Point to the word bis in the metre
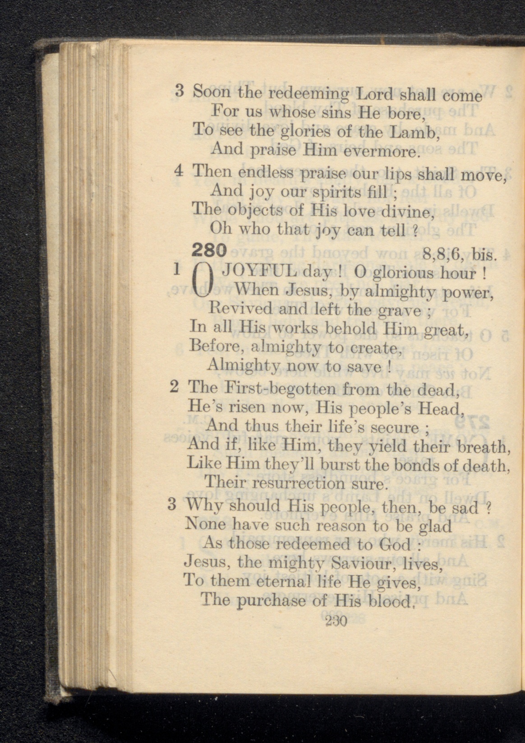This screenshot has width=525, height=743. click(x=485, y=256)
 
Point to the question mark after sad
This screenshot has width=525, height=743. click(x=487, y=508)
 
